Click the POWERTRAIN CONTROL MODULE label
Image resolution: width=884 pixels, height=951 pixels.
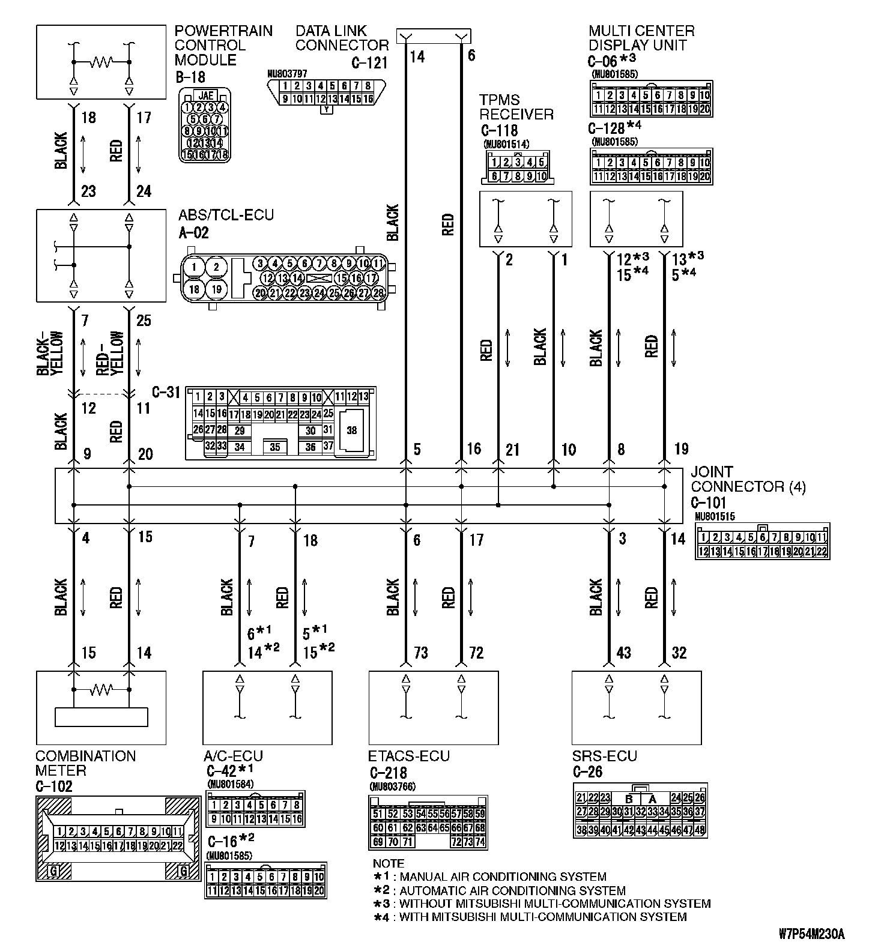click(x=223, y=45)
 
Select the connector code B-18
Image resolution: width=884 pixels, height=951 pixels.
click(x=190, y=77)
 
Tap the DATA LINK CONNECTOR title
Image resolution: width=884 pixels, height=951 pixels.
click(x=342, y=38)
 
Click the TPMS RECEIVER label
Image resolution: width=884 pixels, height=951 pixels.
click(x=516, y=107)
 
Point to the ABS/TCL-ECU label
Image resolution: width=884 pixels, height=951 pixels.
click(x=226, y=215)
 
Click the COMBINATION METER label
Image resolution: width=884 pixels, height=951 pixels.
click(x=86, y=763)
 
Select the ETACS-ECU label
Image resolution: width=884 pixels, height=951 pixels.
click(x=408, y=756)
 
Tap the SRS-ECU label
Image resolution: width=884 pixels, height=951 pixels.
click(x=605, y=756)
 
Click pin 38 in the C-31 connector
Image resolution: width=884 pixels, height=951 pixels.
click(x=352, y=430)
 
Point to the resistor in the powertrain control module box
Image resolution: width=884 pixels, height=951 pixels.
click(x=101, y=62)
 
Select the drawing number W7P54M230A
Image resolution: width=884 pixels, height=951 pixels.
click(x=811, y=934)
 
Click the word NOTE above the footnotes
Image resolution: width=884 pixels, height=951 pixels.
click(x=389, y=863)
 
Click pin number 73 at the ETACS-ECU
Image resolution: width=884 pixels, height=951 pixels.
click(x=421, y=653)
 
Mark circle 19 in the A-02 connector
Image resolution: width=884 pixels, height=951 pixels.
click(x=217, y=289)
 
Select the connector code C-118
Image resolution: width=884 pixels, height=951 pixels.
click(x=498, y=130)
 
